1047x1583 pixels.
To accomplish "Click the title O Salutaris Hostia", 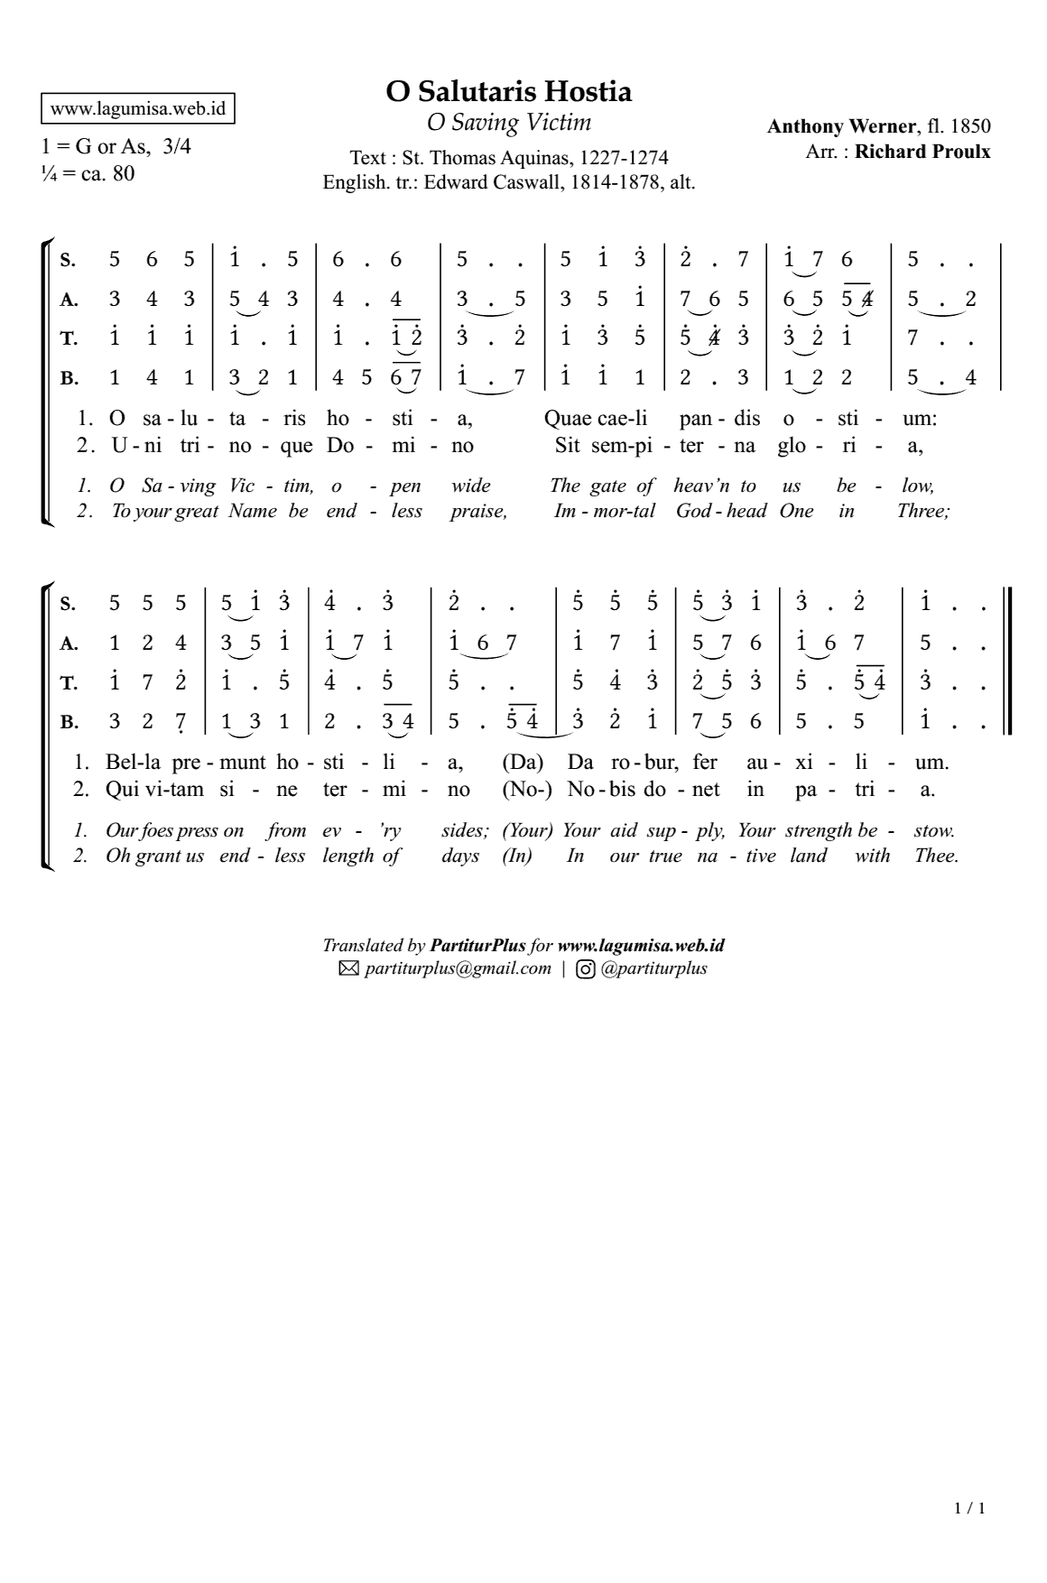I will coord(509,91).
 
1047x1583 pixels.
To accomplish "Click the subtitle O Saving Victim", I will coord(509,122).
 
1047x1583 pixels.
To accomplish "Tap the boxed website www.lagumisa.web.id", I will coord(138,109).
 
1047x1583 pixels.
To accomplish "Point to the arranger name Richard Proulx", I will coord(922,151).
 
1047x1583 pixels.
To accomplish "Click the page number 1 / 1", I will coord(969,1508).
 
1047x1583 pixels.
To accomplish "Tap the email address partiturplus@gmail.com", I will coord(458,968).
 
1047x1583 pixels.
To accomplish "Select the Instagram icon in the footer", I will coord(586,969).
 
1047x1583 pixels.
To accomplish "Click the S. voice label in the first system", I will coord(68,261).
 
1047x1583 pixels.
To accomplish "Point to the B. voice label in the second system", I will coord(69,722).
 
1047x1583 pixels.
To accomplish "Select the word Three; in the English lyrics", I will coord(922,511).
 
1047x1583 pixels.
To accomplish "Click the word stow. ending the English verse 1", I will coord(933,830).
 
